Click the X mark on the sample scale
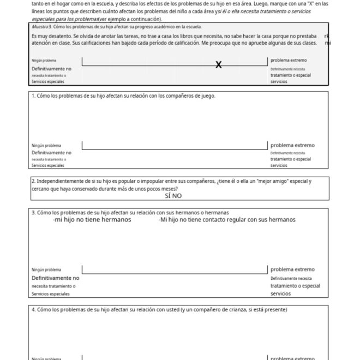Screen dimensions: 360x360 point(218,65)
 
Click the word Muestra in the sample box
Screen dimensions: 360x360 point(40,26)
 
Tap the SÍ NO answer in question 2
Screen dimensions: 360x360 point(173,196)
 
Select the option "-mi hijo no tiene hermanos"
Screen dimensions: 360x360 point(92,220)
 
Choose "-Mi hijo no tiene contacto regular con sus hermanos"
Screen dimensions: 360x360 point(227,220)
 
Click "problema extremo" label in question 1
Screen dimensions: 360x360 point(292,145)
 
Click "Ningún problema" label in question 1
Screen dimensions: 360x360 point(46,146)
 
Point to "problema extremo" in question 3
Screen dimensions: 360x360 point(292,269)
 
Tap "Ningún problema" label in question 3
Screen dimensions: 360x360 point(46,269)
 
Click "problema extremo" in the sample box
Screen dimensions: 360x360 point(289,60)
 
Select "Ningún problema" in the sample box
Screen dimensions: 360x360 point(44,61)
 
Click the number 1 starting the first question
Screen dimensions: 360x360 point(33,96)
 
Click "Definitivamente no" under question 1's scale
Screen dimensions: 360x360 point(51,153)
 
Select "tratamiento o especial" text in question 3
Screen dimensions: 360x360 point(295,286)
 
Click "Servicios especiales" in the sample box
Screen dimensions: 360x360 point(47,81)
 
